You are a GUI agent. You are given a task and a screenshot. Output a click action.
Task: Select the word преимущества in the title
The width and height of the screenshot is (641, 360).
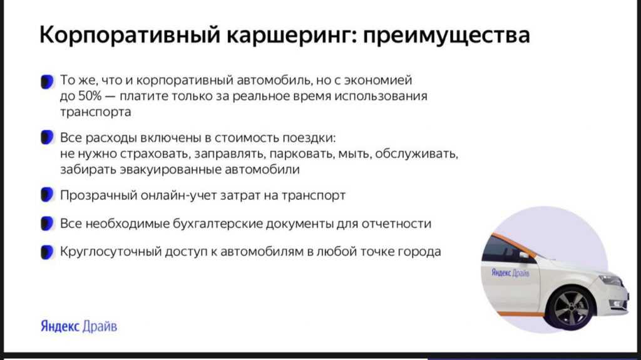[446, 35]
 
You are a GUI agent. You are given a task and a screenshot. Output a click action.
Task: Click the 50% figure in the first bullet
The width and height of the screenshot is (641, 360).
[90, 96]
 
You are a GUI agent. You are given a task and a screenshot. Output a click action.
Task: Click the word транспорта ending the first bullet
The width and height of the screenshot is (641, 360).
[96, 113]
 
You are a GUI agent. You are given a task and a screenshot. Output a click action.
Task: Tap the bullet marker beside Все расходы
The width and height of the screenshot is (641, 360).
[47, 138]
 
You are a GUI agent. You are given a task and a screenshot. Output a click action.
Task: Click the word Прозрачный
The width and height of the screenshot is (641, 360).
[98, 195]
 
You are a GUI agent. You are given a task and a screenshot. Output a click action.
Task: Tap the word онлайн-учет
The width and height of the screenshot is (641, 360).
[178, 195]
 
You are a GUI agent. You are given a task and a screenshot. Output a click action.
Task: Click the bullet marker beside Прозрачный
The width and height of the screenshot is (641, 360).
[47, 195]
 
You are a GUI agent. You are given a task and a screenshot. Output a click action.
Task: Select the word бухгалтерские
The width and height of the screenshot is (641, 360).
[218, 224]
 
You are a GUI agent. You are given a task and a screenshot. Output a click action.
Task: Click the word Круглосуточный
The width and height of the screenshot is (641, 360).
[111, 251]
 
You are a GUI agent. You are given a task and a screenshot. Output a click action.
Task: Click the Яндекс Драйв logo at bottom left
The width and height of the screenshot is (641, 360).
[79, 326]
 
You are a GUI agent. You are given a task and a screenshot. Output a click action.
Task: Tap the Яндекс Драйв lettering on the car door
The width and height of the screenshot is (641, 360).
[510, 273]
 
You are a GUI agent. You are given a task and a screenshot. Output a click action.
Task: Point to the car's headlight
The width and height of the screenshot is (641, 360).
[610, 280]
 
